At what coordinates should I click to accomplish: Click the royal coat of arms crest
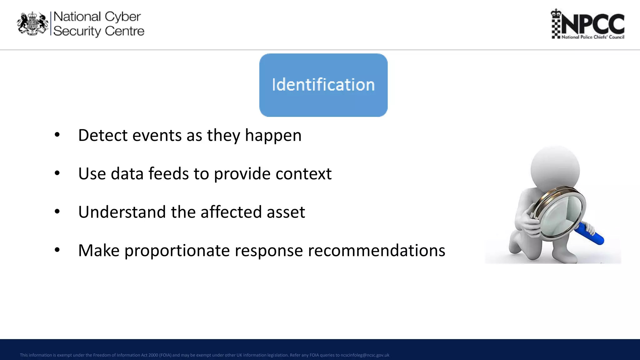(32, 24)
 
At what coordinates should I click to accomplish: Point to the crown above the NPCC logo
(556, 13)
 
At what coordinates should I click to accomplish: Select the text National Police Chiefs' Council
(593, 37)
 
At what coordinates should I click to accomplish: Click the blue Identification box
(323, 85)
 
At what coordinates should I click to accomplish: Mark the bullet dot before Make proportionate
(57, 250)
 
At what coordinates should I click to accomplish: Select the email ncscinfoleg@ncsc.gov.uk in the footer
(365, 355)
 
